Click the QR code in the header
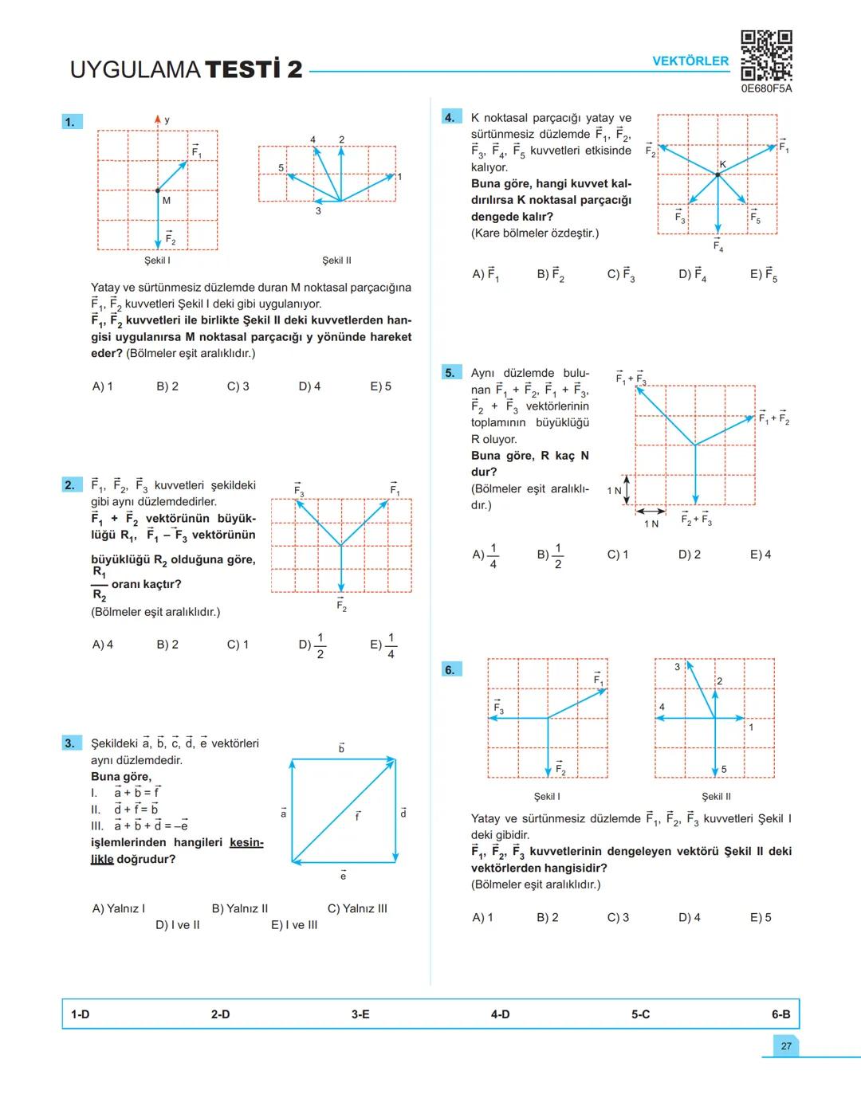[x=766, y=55]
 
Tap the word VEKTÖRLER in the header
[x=690, y=61]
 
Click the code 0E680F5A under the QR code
[x=766, y=89]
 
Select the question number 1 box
[x=71, y=122]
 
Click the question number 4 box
[x=450, y=118]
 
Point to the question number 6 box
[x=450, y=669]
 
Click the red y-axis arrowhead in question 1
[x=158, y=120]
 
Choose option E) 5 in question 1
[x=380, y=386]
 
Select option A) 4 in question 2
[x=103, y=645]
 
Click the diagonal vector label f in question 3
[x=357, y=817]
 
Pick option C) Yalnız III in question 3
[x=357, y=908]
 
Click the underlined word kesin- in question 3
[x=246, y=842]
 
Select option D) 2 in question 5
[x=690, y=555]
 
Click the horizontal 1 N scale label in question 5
[x=651, y=523]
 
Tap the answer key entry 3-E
[x=360, y=1014]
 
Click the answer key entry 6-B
[x=780, y=1014]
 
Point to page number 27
[x=786, y=1046]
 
